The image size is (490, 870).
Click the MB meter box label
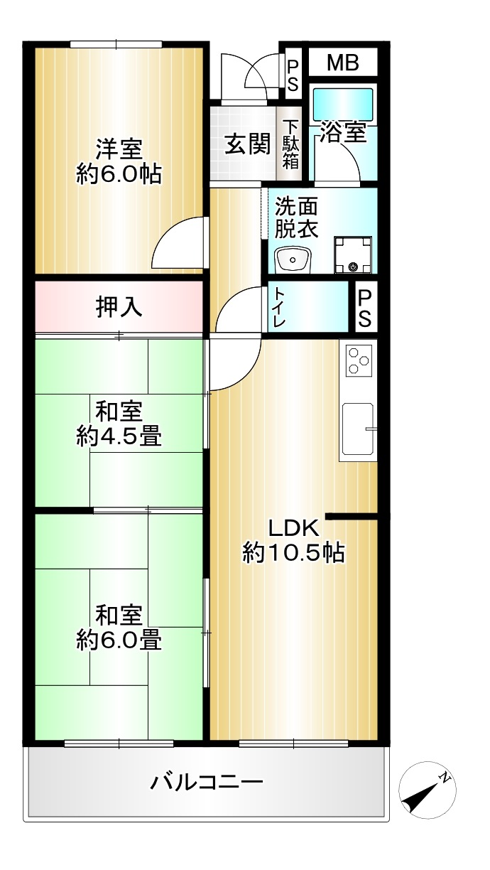(x=342, y=63)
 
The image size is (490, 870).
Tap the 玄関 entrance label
(x=248, y=144)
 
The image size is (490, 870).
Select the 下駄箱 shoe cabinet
(x=290, y=144)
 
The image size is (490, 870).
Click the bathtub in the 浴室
(x=342, y=103)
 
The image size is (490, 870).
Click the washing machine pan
(x=353, y=254)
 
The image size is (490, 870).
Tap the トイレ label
(x=279, y=307)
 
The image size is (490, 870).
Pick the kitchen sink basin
(x=358, y=429)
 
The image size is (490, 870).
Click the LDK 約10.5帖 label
(x=294, y=541)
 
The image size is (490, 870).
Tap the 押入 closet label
(x=119, y=307)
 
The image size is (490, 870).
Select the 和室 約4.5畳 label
(x=119, y=424)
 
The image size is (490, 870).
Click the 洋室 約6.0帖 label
(x=119, y=161)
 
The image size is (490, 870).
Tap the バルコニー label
(x=207, y=781)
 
